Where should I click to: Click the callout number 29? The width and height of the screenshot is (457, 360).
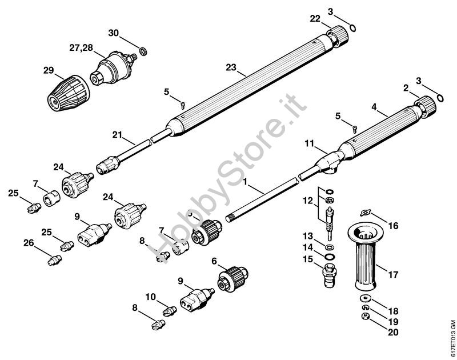(x=49, y=71)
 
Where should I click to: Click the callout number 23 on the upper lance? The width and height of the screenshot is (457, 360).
(x=231, y=67)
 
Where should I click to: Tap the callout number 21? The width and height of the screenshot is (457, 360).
(x=118, y=134)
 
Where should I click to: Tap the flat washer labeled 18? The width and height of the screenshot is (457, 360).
(x=364, y=299)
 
